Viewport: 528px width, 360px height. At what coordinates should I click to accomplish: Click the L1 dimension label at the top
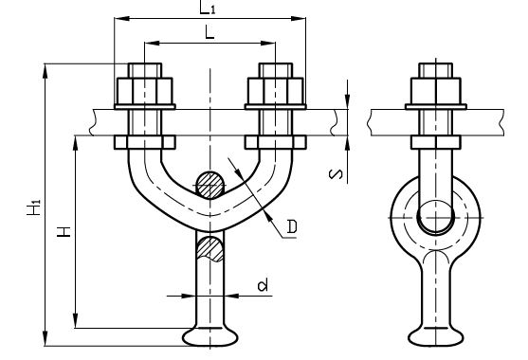point(207,8)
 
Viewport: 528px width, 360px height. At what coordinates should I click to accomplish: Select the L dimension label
point(209,33)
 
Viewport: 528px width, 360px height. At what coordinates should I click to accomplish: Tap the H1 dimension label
point(34,207)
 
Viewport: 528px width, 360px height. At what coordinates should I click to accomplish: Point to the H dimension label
point(64,232)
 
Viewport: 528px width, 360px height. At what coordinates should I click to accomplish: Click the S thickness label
point(336,174)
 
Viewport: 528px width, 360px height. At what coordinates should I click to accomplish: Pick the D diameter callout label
point(292,226)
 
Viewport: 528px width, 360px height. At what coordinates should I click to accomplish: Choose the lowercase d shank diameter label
point(263,284)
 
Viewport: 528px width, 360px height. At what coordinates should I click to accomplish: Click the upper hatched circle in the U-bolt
point(210,186)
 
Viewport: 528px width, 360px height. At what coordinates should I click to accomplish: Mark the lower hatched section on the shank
point(209,248)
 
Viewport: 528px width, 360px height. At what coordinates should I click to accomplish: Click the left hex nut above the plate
point(145,91)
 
